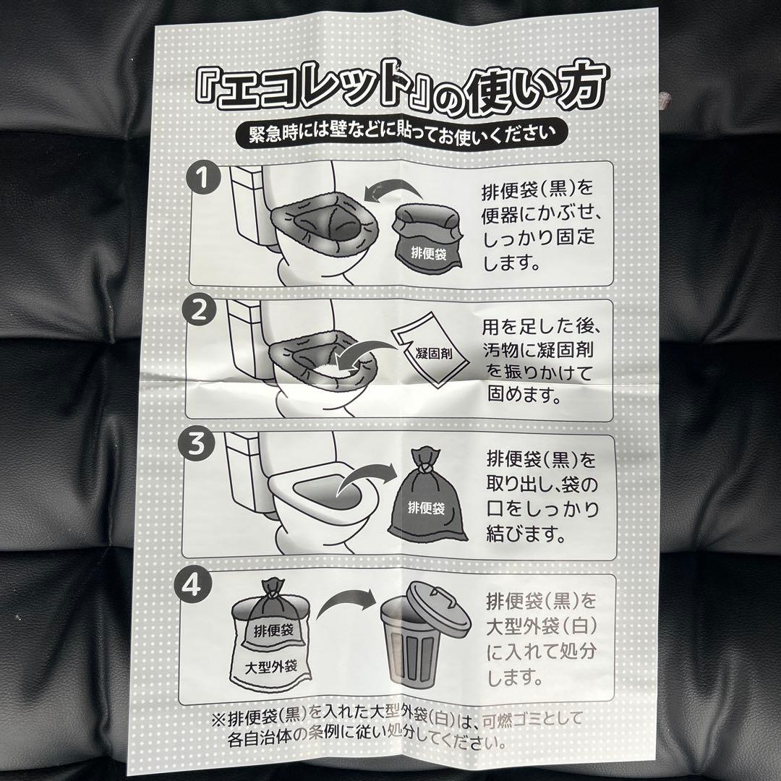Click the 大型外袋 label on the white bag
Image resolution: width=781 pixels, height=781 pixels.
(x=268, y=665)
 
